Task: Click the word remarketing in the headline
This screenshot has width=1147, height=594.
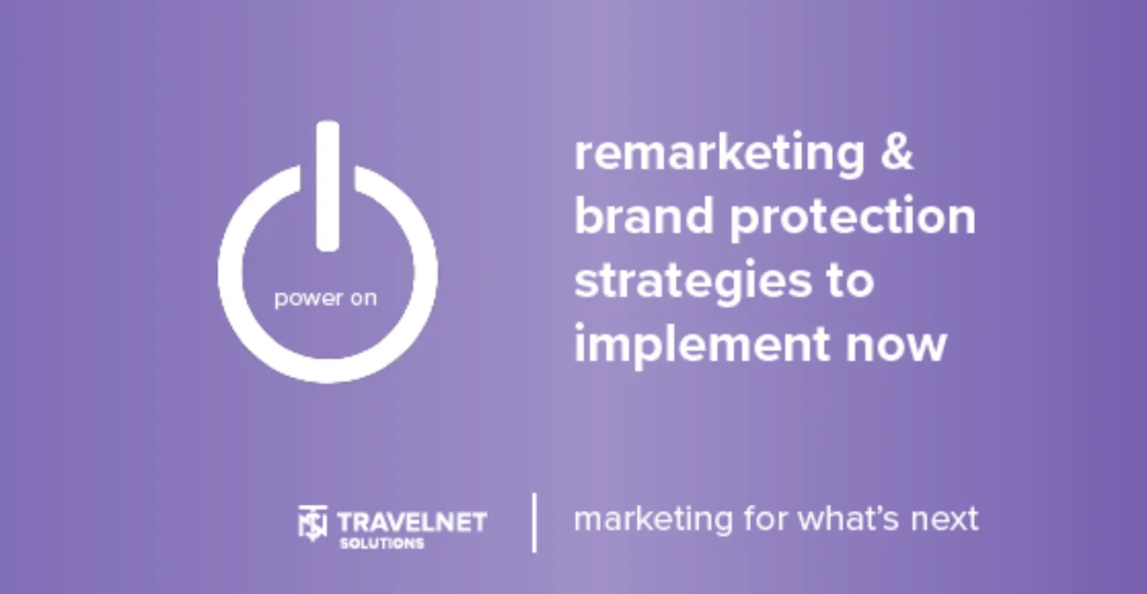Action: pyautogui.click(x=719, y=154)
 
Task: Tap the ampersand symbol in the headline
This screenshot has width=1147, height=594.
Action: pyautogui.click(x=897, y=151)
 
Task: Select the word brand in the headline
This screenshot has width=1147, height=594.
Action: pyautogui.click(x=644, y=214)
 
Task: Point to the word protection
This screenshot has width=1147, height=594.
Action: pyautogui.click(x=853, y=218)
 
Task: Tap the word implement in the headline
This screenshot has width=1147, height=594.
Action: pyautogui.click(x=702, y=344)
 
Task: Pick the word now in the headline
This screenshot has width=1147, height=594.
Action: pyautogui.click(x=896, y=346)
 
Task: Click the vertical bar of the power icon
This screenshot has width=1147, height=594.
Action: pyautogui.click(x=327, y=186)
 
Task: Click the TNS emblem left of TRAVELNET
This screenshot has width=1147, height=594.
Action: pyautogui.click(x=312, y=523)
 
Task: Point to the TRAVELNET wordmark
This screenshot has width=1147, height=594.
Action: pyautogui.click(x=412, y=523)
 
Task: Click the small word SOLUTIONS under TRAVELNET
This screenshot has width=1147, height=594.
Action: pyautogui.click(x=382, y=544)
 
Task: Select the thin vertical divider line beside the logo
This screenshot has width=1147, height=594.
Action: pyautogui.click(x=534, y=523)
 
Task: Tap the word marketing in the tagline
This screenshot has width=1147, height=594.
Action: pyautogui.click(x=654, y=520)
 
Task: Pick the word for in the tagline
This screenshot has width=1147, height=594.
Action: pyautogui.click(x=766, y=518)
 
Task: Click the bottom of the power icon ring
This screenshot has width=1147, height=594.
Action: pyautogui.click(x=327, y=371)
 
